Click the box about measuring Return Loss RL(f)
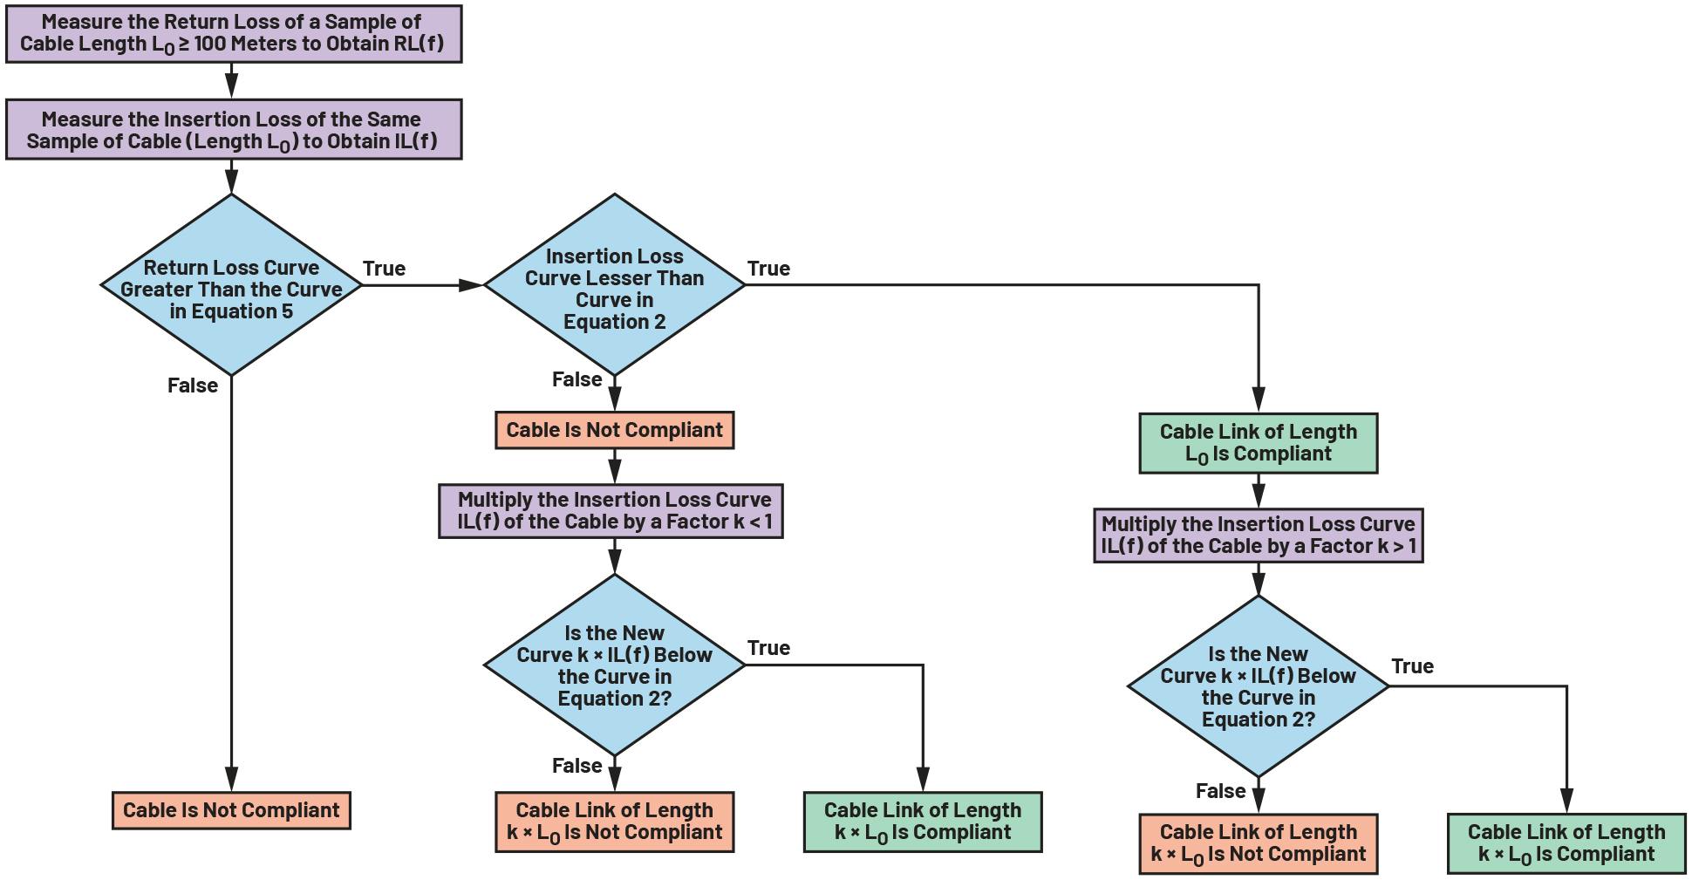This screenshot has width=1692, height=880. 233,34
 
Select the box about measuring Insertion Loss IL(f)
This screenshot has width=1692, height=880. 233,130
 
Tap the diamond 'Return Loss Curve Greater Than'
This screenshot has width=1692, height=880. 231,288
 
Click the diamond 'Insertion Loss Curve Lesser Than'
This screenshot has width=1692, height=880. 614,288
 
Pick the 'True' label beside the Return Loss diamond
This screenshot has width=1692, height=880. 384,269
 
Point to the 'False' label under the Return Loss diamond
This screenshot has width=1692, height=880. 192,385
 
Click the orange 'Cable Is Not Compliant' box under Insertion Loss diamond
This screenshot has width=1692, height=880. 614,431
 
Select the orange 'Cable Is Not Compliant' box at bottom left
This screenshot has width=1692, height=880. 231,810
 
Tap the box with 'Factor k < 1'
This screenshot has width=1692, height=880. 611,511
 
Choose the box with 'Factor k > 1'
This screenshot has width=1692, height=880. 1258,536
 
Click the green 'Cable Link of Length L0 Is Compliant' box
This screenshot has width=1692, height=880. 1258,443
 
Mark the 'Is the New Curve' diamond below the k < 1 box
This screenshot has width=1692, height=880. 614,665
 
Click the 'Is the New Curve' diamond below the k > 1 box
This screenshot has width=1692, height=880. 1258,686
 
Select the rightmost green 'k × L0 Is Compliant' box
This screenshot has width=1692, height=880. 1566,843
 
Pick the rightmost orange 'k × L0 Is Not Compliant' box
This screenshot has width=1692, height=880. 1258,843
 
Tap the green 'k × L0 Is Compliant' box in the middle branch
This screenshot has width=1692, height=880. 922,822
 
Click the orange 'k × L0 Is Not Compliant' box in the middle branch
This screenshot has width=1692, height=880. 614,822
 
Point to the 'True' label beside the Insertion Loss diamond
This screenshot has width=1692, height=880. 768,269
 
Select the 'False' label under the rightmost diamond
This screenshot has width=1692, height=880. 1219,791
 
